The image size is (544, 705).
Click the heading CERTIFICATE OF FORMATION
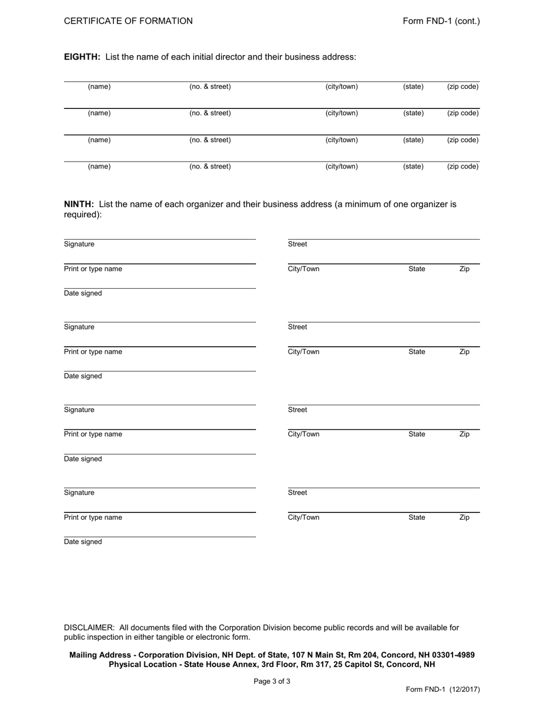pyautogui.click(x=128, y=21)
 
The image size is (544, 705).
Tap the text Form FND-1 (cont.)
pyautogui.click(x=441, y=21)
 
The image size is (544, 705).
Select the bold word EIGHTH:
pyautogui.click(x=82, y=57)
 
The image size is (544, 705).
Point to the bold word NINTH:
pyautogui.click(x=79, y=204)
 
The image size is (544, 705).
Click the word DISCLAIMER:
pyautogui.click(x=89, y=628)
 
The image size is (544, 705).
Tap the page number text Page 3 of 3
pyautogui.click(x=272, y=682)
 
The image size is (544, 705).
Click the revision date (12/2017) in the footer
pyautogui.click(x=462, y=690)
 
